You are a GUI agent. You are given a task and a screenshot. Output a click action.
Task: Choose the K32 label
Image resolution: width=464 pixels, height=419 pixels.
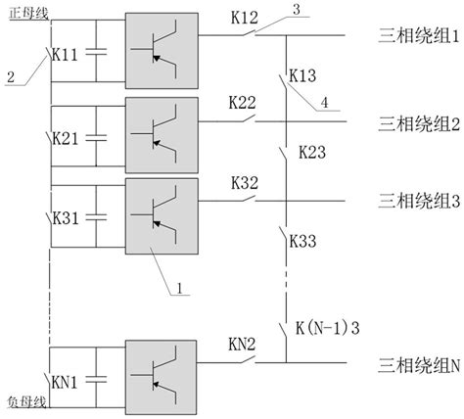[244, 182]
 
